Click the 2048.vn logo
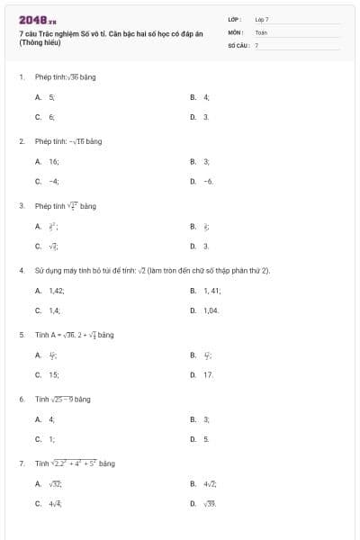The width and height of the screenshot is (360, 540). (x=37, y=20)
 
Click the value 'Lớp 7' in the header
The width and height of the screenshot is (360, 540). (x=261, y=19)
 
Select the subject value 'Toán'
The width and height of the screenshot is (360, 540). (x=261, y=31)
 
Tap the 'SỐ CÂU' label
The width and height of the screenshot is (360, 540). (x=237, y=44)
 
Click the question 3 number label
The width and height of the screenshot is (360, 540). (x=21, y=206)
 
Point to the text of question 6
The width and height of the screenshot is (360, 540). (x=63, y=399)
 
